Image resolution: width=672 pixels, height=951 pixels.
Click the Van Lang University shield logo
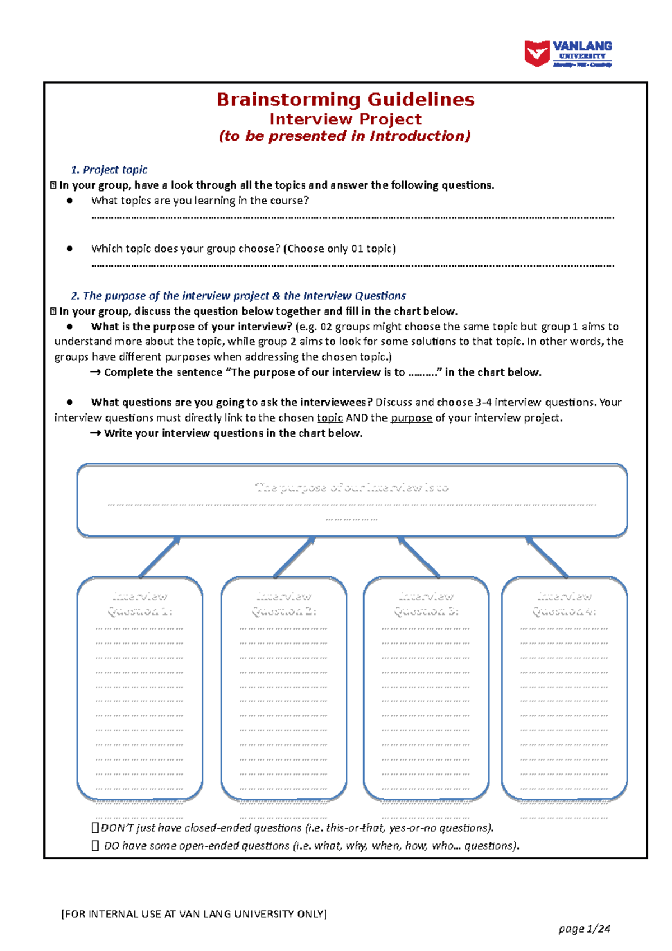[536, 54]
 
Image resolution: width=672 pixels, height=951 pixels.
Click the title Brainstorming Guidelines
[346, 100]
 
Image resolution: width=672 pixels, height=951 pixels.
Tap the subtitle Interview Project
[346, 119]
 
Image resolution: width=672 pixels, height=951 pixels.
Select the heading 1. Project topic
[109, 170]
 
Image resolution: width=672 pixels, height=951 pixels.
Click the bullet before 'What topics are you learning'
[70, 201]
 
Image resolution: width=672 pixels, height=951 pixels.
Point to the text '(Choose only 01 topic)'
[339, 249]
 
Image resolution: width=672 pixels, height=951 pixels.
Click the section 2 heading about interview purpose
[238, 296]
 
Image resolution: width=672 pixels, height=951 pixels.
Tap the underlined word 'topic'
[329, 418]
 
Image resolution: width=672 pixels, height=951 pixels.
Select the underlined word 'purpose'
[411, 418]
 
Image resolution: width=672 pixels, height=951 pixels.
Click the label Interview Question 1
[140, 604]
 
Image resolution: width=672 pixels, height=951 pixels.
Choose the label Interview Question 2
[284, 604]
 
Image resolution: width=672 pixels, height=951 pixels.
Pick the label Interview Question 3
[426, 604]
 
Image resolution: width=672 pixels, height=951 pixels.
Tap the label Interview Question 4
[564, 604]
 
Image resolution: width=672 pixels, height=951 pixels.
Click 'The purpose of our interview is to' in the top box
[352, 488]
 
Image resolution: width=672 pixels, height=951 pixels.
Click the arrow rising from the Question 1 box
[160, 557]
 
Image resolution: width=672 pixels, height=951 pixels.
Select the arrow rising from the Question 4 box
[547, 557]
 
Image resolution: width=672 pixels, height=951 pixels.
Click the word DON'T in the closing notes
[117, 828]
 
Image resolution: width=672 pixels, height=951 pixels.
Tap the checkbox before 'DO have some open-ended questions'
[95, 846]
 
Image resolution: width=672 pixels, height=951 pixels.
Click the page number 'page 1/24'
[584, 929]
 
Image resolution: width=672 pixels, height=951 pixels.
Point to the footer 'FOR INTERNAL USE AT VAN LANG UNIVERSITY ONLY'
[194, 914]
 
